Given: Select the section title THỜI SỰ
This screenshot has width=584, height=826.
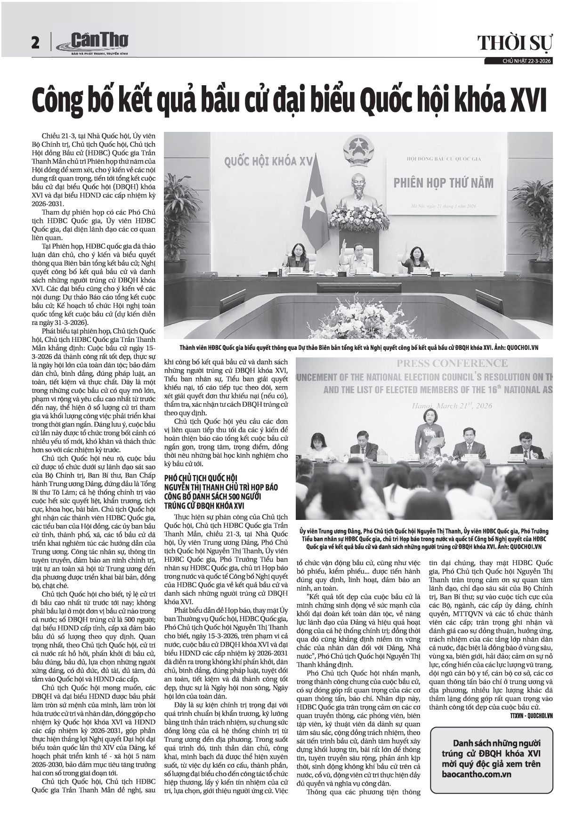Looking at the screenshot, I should coord(515,43).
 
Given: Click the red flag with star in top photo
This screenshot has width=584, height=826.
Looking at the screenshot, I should coord(314,207).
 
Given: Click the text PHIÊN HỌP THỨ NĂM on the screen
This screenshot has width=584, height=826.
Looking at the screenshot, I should coord(443,183).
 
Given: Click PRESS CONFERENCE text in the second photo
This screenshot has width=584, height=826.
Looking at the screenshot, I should coord(452,364).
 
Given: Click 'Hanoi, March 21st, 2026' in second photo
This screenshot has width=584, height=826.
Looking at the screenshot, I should coord(452,406).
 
